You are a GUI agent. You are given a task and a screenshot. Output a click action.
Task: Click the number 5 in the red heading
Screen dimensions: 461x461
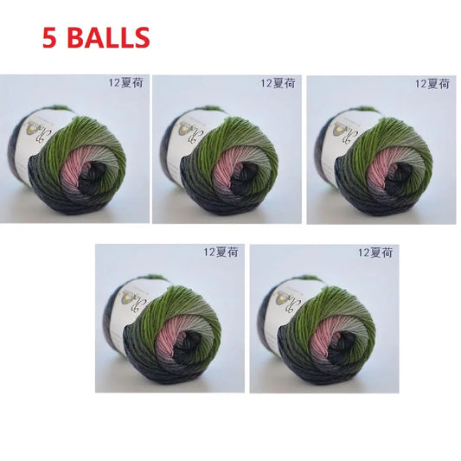48,38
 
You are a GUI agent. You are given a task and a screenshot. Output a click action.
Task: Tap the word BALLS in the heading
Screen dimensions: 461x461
107,38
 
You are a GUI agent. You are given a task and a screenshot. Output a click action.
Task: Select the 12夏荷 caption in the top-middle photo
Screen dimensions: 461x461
278,84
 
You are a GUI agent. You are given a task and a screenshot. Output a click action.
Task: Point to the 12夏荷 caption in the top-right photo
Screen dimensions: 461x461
432,84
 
